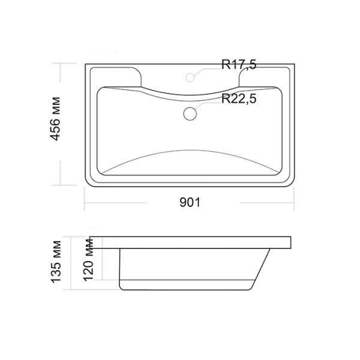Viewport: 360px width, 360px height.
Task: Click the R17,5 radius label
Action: (239, 65)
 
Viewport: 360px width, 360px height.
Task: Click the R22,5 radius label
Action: (239, 99)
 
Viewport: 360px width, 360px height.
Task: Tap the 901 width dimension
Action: (190, 203)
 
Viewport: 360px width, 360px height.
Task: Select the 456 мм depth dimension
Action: (55, 119)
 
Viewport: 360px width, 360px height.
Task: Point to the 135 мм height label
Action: (56, 261)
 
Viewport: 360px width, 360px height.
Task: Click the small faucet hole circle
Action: (190, 77)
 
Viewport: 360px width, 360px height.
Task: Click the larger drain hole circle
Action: (190, 113)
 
